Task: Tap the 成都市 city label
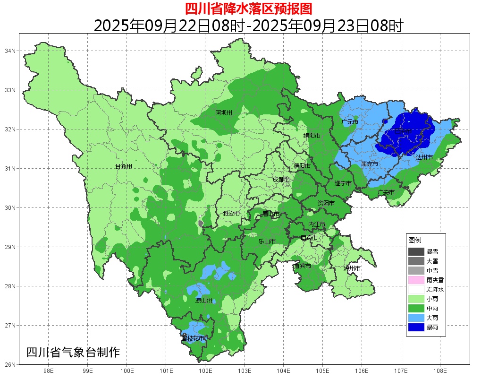coord(281,180)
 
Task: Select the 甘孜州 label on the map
coord(124,167)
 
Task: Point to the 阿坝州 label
coord(224,112)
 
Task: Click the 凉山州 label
coord(204,300)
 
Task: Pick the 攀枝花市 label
coord(193,339)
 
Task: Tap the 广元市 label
coord(349,122)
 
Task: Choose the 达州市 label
coord(424,157)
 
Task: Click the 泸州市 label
coord(352,268)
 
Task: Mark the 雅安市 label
coord(231,214)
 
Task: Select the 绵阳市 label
coord(312,136)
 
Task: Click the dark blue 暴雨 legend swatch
coord(416,327)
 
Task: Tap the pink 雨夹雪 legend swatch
coord(416,280)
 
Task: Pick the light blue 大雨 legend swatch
coord(416,318)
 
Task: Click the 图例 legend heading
coord(415,240)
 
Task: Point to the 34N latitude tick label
coord(10,51)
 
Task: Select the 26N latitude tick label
coord(10,364)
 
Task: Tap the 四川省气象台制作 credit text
coord(73,353)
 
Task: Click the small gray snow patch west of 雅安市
coord(201,223)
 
